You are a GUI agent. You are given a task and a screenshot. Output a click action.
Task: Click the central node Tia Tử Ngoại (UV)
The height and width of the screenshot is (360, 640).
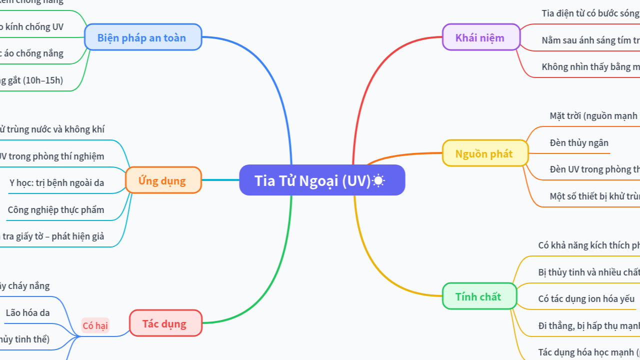[312, 180]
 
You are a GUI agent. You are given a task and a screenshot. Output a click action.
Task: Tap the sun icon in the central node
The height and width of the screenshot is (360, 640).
[378, 180]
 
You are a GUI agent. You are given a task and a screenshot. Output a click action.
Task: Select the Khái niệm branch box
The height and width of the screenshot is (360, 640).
[479, 37]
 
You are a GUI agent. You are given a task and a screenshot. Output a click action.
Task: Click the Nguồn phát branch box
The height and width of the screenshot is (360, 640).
[483, 153]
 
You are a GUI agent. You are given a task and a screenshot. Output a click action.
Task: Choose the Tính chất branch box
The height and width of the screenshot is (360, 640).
[478, 296]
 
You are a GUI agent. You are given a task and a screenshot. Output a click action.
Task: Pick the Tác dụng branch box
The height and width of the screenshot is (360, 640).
[164, 323]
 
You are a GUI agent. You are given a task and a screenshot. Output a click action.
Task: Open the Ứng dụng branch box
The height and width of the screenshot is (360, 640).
[162, 180]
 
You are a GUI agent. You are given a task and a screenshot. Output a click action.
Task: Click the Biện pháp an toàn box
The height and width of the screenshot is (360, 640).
[141, 37]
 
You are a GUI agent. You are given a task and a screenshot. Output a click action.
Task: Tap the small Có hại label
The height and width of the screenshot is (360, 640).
[95, 326]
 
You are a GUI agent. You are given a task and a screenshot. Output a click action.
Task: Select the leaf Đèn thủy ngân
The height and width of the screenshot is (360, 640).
[579, 143]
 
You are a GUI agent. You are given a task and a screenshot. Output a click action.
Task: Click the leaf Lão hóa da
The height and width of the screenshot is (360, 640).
[27, 313]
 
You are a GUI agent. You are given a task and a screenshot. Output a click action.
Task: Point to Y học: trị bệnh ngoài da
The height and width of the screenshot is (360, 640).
[56, 182]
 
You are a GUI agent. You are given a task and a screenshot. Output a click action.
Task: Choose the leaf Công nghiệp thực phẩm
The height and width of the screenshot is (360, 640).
[56, 209]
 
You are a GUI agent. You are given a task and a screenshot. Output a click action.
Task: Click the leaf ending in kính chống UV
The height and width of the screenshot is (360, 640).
[32, 27]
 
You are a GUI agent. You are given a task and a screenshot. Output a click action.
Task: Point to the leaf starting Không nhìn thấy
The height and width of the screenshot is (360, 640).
[590, 66]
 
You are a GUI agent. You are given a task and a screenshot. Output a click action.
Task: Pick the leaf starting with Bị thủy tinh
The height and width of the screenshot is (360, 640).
[588, 272]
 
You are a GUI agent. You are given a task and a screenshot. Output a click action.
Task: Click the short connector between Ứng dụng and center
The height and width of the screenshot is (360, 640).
[220, 180]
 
